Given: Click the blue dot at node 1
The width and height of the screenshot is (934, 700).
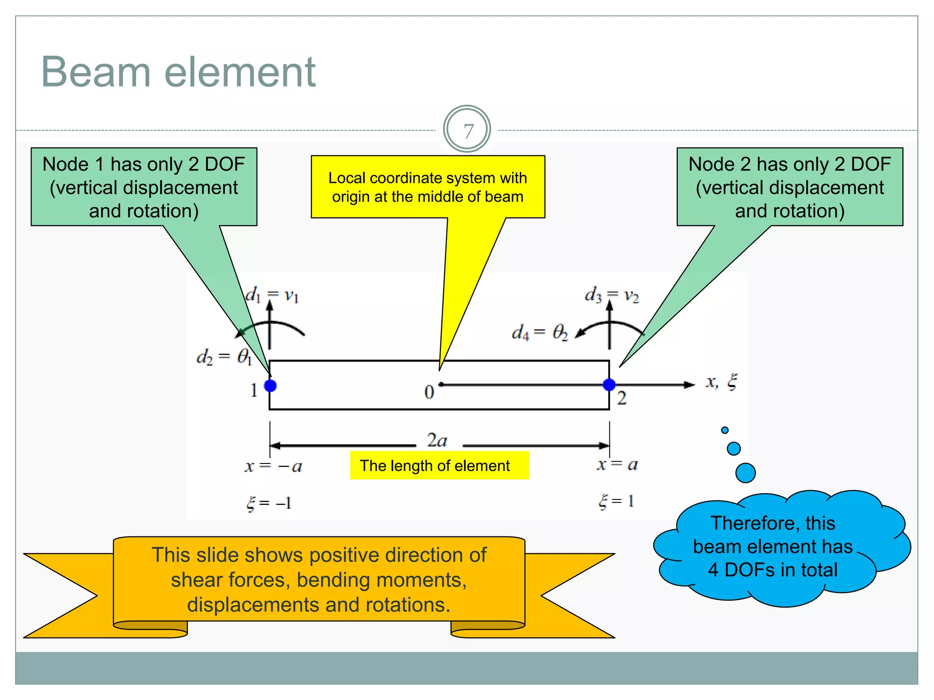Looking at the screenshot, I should point(270,386).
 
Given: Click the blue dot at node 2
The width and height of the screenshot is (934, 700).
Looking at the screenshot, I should point(609,385).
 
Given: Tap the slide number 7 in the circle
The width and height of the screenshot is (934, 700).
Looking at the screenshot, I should point(468,131).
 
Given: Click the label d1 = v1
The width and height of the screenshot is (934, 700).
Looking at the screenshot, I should point(272,295).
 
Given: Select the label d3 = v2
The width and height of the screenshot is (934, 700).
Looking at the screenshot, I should point(612,295).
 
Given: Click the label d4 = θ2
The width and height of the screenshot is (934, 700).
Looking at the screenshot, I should point(540,332).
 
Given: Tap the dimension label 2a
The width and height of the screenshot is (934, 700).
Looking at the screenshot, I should point(437,440).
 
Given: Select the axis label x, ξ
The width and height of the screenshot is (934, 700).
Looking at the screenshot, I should point(721,382).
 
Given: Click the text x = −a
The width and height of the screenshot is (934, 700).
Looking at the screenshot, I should point(273,466).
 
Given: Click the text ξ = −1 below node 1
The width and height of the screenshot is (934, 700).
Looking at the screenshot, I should point(269,503).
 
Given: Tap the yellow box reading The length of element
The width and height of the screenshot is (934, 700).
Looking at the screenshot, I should point(439,466).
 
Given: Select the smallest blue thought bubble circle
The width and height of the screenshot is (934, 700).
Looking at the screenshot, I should point(725,430).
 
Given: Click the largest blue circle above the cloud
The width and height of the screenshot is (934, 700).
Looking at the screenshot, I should point(745,473).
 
